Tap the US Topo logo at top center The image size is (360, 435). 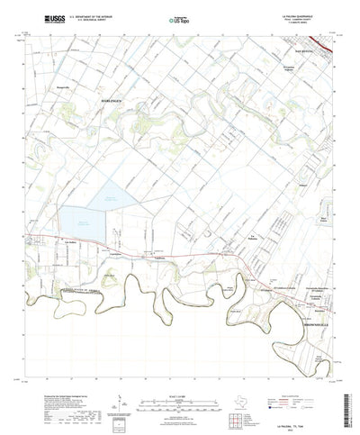pos(181,17)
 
